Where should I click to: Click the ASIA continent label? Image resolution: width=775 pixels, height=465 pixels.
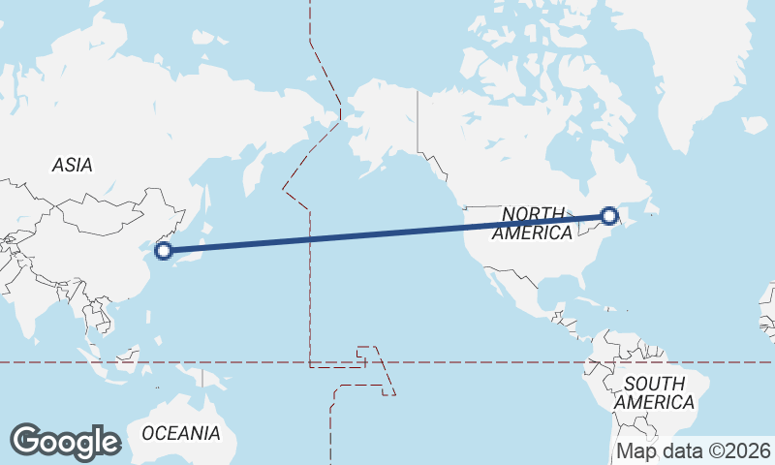(x=73, y=166)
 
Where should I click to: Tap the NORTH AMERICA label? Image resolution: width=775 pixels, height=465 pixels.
(x=532, y=223)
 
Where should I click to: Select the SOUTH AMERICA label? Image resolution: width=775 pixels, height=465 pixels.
(x=655, y=392)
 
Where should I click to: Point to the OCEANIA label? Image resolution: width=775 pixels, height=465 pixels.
(x=181, y=433)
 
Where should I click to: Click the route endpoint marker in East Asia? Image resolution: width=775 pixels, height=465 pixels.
(x=164, y=251)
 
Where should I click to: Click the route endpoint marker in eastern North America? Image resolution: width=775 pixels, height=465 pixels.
(x=609, y=217)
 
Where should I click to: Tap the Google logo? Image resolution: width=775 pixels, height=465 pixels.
(x=65, y=442)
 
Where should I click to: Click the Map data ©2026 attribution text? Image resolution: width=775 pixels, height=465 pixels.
(x=694, y=450)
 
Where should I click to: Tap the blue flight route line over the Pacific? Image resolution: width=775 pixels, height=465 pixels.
(x=387, y=233)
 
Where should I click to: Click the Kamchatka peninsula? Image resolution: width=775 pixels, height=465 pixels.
(x=254, y=165)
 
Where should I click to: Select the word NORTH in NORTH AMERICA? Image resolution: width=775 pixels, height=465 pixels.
(x=532, y=213)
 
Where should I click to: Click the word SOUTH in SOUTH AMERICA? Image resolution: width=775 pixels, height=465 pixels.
(x=655, y=384)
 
